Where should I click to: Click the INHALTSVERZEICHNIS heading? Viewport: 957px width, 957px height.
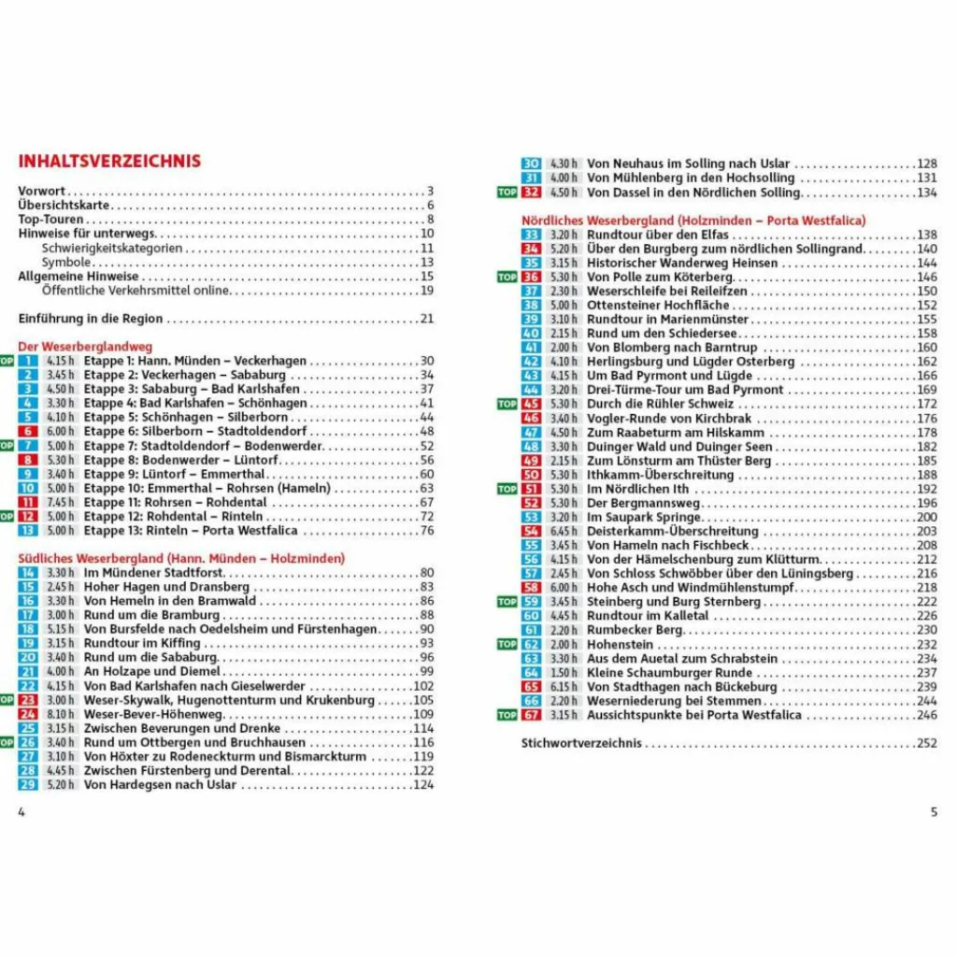click(109, 161)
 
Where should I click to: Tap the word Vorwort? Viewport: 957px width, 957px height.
click(42, 192)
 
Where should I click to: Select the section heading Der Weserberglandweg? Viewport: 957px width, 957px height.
click(85, 346)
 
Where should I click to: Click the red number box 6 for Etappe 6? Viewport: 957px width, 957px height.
click(28, 432)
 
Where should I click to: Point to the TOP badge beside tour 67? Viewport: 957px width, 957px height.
click(507, 715)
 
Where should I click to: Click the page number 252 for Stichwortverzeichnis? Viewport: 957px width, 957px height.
click(926, 744)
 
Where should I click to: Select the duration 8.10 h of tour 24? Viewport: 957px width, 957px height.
click(60, 714)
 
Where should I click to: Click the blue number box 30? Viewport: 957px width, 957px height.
click(531, 163)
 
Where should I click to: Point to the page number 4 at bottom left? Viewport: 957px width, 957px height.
click(21, 811)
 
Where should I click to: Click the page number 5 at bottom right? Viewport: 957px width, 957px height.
click(934, 811)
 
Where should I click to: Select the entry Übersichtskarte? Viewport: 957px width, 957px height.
click(64, 206)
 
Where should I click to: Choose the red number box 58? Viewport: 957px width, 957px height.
click(531, 588)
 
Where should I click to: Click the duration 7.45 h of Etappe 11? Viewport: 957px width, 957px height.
click(60, 502)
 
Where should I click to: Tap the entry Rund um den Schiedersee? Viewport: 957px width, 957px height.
click(662, 334)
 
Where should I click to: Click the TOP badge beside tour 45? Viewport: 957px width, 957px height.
click(507, 404)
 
